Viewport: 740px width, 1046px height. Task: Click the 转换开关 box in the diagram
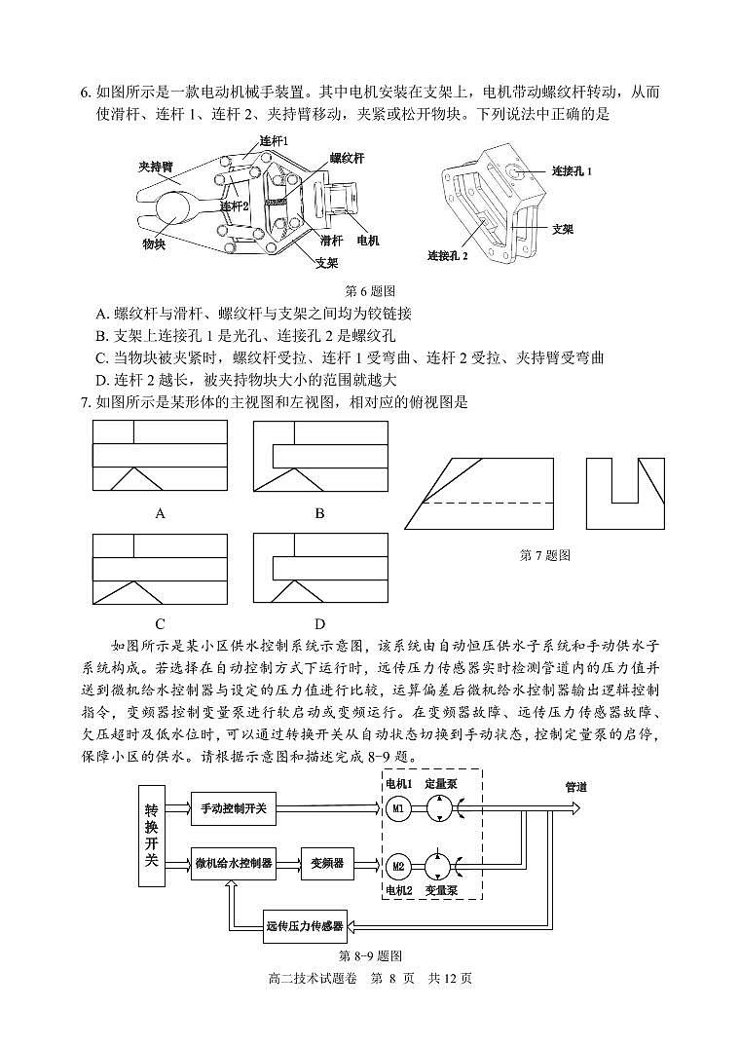151,836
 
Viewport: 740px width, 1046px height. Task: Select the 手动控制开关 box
240,808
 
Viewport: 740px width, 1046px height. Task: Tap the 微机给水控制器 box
234,863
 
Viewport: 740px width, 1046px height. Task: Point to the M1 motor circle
397,808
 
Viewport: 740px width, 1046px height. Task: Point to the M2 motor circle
397,865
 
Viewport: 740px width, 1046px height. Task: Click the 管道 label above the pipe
576,787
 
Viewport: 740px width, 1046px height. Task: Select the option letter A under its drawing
161,513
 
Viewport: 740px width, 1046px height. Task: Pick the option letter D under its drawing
319,624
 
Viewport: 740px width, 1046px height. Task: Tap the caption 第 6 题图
370,290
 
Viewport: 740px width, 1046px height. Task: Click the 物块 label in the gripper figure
154,243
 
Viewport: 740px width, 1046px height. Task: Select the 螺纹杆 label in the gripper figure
347,158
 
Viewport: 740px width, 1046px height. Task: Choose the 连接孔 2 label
448,256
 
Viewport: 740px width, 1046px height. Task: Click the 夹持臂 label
155,168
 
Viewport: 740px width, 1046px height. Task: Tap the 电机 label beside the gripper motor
368,240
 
